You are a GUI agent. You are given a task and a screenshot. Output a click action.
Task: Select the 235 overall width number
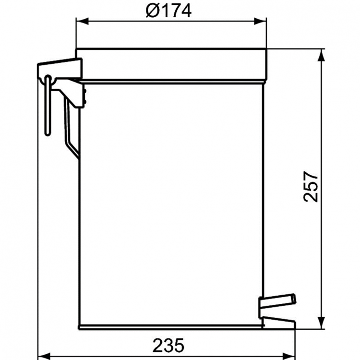168,345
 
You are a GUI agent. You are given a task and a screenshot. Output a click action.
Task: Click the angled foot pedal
277,301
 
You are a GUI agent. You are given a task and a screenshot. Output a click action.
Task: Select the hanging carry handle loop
48,106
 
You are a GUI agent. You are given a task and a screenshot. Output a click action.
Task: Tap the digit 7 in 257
312,174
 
